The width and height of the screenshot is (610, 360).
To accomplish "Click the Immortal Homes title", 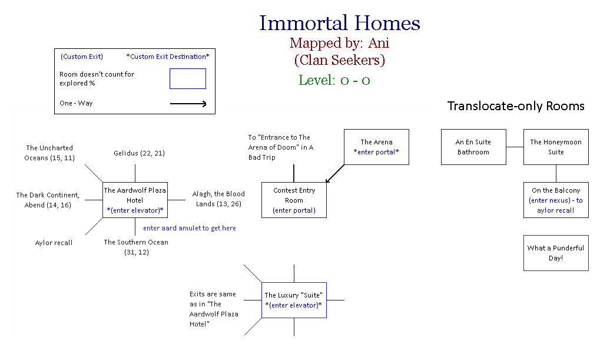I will pos(340,24).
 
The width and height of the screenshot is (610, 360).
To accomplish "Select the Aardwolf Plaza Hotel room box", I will pos(135,200).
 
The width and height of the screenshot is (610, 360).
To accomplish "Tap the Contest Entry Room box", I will pos(294,200).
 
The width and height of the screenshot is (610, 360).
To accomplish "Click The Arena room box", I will pos(376,147).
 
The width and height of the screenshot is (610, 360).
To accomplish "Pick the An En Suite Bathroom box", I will pos(473,147).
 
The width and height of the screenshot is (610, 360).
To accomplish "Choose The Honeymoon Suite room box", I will pos(555,147).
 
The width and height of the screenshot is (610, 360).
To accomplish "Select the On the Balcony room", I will pos(555,200).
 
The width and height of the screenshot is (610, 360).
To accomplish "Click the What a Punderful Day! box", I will pos(555,253).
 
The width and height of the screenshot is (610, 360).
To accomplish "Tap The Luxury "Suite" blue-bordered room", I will pos(294,300).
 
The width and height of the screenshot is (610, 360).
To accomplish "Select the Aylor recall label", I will pos(54,243).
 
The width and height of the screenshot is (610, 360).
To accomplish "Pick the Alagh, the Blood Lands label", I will pos(218,199).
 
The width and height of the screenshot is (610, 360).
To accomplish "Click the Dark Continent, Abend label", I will pos(48,200).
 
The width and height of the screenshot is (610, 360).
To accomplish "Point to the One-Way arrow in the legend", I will pos(188,104).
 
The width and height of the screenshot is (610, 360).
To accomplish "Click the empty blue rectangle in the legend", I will pos(188,78).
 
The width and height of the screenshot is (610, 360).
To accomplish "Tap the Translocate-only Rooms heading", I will pos(516,106).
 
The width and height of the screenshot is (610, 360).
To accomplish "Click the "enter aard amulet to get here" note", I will pos(189,228).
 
